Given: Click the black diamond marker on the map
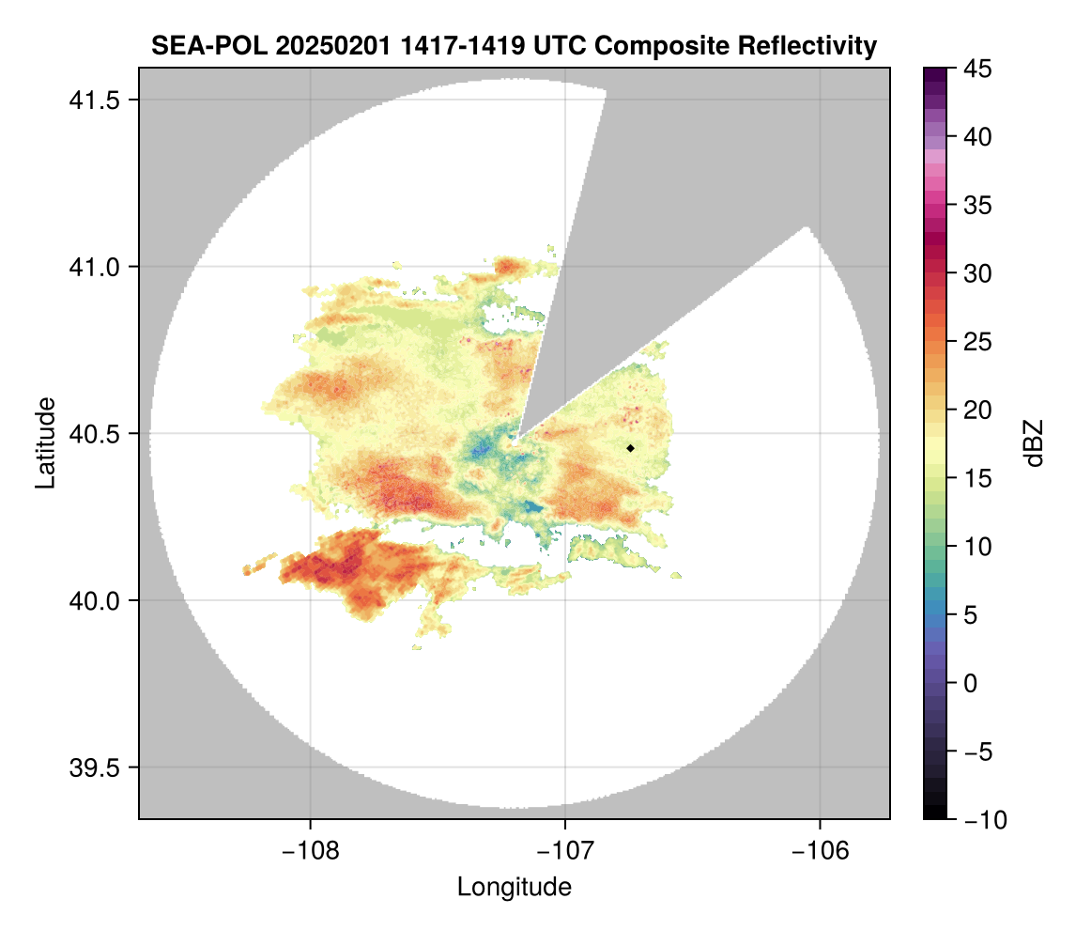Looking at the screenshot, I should click(x=630, y=448).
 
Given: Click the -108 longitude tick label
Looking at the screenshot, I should click(x=309, y=850).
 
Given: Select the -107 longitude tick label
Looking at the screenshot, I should click(x=565, y=850).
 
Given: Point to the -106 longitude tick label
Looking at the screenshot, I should click(x=821, y=850).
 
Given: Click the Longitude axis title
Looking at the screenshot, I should click(x=514, y=886).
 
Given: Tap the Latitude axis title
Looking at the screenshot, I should click(x=45, y=442).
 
